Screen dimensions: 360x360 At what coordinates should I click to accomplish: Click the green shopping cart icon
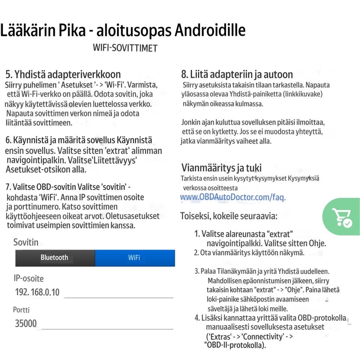341,217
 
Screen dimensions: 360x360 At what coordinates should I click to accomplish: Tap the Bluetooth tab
55,258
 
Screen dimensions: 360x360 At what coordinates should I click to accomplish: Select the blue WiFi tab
135,258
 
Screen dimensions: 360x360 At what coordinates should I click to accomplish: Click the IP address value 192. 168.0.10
37,292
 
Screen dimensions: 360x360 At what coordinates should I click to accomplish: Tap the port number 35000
26,323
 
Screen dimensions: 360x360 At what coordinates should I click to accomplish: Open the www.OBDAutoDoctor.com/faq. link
233,197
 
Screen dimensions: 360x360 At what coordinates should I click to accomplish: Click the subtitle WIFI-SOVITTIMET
125,48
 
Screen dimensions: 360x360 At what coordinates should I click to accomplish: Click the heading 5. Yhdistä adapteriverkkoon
63,74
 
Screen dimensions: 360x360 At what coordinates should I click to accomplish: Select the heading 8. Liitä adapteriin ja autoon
237,74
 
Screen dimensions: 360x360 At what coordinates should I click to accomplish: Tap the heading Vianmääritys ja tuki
222,167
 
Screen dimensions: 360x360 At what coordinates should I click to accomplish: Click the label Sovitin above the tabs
26,242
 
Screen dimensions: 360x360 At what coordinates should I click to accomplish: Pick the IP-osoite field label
28,278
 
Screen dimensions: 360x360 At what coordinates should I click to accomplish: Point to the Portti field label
21,310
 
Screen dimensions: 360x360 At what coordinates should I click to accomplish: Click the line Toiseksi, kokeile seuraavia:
229,216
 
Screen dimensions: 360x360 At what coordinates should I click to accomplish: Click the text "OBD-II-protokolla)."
235,345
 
